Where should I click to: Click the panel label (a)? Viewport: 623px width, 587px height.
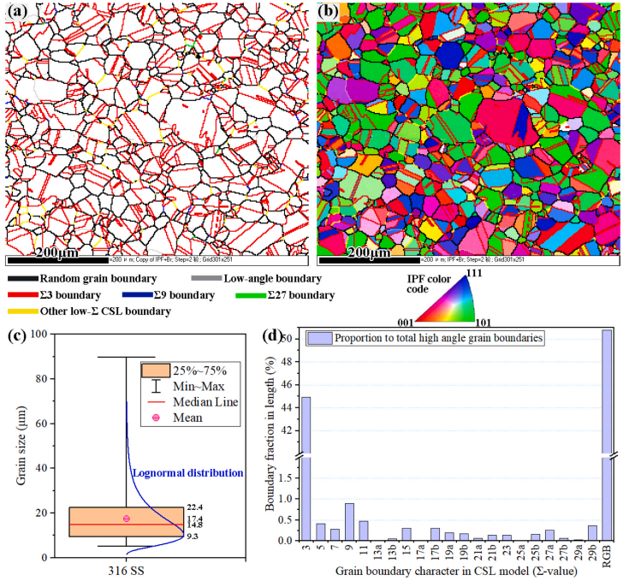point(19,11)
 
